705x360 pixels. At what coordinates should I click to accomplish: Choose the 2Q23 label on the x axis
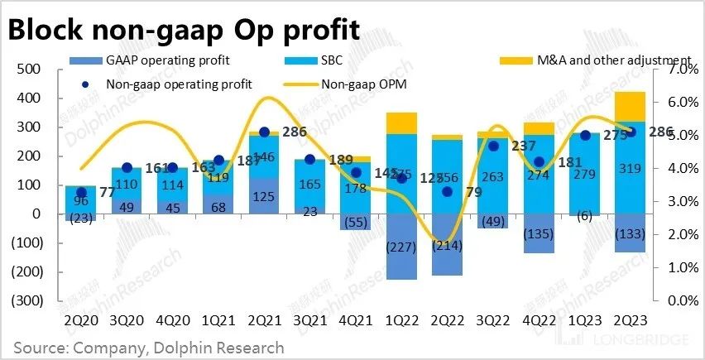630,318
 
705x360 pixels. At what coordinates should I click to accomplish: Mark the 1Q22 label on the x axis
401,318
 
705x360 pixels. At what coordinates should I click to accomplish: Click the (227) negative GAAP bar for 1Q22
402,247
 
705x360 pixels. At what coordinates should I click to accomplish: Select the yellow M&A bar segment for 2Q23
630,106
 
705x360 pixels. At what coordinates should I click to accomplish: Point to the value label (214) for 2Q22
448,246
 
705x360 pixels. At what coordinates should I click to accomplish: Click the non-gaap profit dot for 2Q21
264,132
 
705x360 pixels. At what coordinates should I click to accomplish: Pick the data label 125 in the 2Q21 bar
264,196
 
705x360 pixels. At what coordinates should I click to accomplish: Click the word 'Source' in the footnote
39,348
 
